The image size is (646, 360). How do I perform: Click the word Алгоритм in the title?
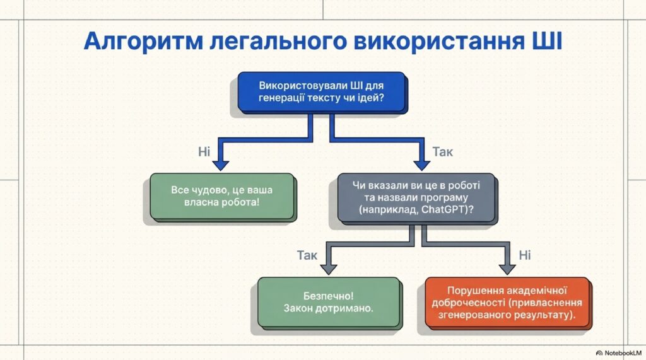click(143, 42)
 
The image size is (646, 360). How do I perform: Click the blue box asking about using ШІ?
click(322, 92)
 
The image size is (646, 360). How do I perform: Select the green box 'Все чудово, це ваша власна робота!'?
click(221, 196)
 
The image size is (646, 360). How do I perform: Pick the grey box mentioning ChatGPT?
click(416, 198)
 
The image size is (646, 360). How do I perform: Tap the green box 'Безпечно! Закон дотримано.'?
click(328, 302)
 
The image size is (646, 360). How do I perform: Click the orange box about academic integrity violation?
click(507, 303)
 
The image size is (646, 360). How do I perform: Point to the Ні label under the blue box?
click(204, 152)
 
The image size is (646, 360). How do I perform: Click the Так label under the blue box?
click(442, 152)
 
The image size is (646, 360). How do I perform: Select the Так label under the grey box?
click(307, 255)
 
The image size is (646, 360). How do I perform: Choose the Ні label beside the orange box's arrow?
click(524, 255)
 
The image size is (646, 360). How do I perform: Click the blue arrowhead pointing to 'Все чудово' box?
click(220, 165)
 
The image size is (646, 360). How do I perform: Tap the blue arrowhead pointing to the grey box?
click(421, 165)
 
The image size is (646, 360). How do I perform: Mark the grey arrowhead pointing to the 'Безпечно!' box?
click(329, 269)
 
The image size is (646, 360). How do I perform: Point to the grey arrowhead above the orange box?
click(507, 269)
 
